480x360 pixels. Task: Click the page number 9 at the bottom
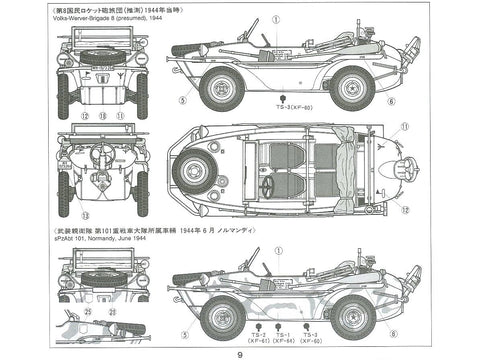(240, 352)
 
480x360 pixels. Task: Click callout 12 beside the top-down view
(405, 209)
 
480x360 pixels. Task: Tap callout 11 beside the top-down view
(404, 127)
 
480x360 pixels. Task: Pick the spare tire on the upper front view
(98, 57)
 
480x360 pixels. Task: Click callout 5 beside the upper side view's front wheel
(181, 99)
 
